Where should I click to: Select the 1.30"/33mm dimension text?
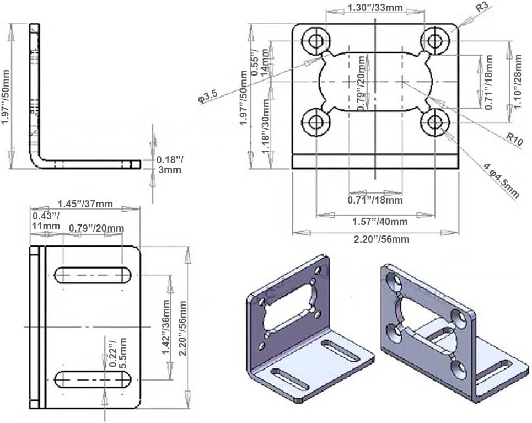pyautogui.click(x=374, y=8)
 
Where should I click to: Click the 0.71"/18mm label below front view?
pyautogui.click(x=375, y=200)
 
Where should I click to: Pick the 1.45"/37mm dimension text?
pyautogui.click(x=85, y=204)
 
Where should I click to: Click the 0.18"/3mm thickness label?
pyautogui.click(x=170, y=165)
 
